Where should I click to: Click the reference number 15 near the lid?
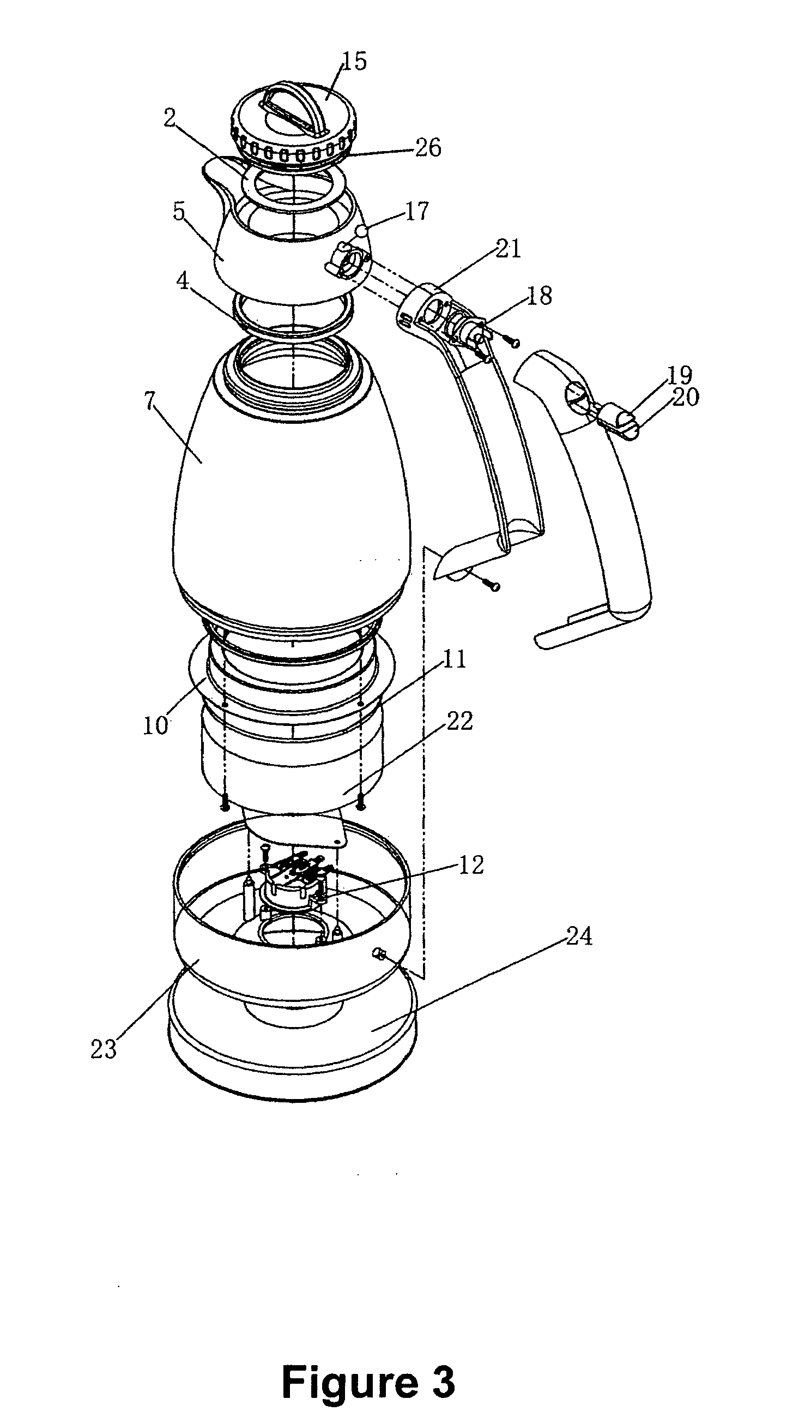(x=354, y=61)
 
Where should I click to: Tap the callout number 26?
(x=428, y=148)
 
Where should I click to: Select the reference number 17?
(x=416, y=211)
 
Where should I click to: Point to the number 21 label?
(x=508, y=249)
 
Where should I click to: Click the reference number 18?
(x=539, y=296)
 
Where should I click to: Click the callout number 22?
(x=459, y=721)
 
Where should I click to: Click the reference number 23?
(x=104, y=1049)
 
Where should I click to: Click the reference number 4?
(x=183, y=281)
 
